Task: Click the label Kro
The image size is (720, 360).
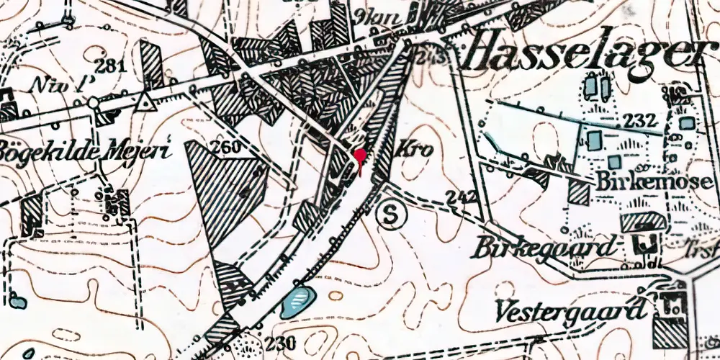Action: point(415,151)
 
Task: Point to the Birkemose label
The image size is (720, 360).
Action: point(654,181)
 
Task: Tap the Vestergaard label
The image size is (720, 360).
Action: point(570,311)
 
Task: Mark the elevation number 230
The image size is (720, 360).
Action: point(279,343)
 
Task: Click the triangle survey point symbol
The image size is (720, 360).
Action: point(148,102)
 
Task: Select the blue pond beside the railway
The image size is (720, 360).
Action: point(298,300)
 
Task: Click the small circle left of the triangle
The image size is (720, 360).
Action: point(93,103)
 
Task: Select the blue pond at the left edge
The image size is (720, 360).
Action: point(17,302)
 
